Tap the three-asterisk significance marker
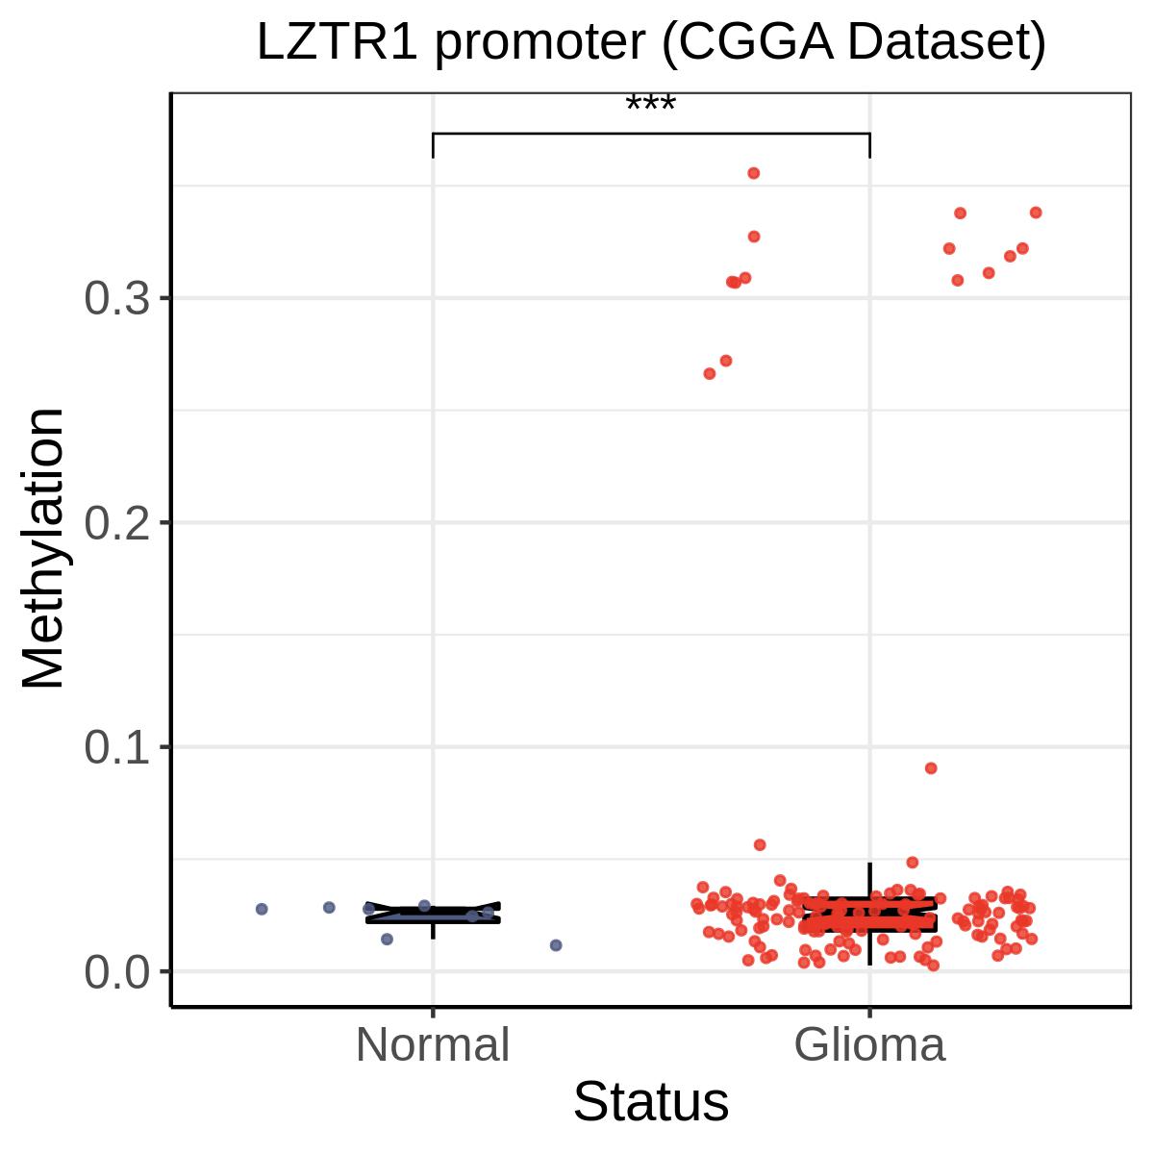[x=651, y=103]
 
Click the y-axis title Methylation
[x=44, y=548]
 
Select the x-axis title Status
[x=651, y=1102]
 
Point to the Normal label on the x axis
[x=433, y=1045]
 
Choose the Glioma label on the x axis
[x=870, y=1045]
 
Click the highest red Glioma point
[x=754, y=173]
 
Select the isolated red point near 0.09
[x=931, y=768]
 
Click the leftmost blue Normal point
[x=262, y=909]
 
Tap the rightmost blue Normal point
[x=556, y=945]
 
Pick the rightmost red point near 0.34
[x=1036, y=213]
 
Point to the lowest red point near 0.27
[x=710, y=373]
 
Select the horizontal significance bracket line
[x=651, y=133]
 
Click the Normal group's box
[x=433, y=914]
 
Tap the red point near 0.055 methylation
[x=760, y=844]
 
